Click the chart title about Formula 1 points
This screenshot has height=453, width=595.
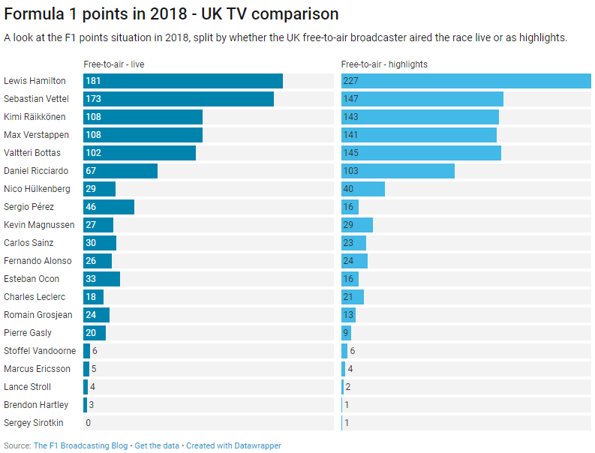tap(171, 14)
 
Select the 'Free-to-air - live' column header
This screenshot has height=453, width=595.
tap(114, 64)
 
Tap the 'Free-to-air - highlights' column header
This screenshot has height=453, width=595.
tap(384, 64)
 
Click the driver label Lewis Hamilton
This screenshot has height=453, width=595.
tap(35, 81)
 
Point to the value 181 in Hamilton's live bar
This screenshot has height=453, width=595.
tap(94, 81)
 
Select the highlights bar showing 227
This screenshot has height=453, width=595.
tap(465, 81)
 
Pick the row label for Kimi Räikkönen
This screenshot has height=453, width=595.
tap(35, 117)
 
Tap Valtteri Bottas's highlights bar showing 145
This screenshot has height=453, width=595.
tap(421, 153)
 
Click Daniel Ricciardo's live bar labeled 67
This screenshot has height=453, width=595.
tap(120, 171)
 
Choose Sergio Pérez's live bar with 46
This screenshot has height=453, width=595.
tap(109, 207)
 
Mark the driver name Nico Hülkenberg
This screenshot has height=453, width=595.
tap(37, 189)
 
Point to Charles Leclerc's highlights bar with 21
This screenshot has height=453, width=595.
tap(352, 297)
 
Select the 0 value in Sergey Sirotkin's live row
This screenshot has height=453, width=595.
tap(89, 423)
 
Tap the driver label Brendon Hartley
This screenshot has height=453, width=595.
tap(36, 405)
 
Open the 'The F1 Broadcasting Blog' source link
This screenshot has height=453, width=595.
tap(80, 445)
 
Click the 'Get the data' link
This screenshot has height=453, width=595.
tap(157, 445)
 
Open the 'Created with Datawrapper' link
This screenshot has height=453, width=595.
tap(233, 445)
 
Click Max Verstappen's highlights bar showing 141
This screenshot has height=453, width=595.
tap(419, 135)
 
